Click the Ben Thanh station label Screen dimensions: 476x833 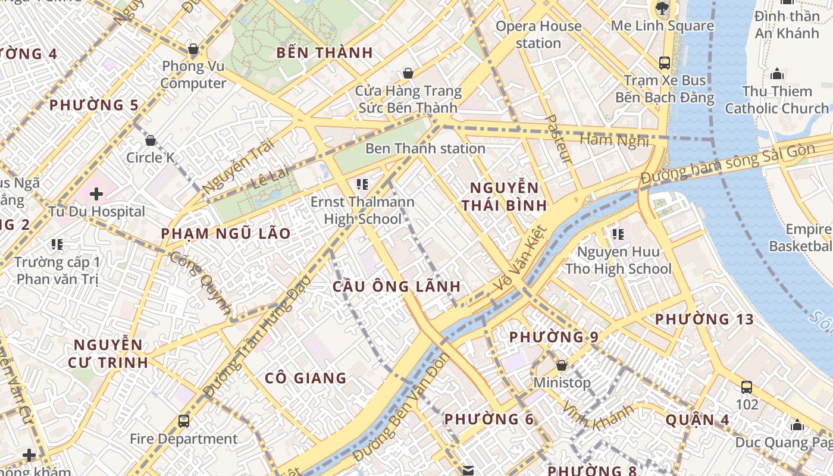coord(425,148)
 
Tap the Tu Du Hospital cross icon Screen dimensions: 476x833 coord(96,193)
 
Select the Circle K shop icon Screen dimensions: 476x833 coord(151,140)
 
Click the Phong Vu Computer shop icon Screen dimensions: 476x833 coord(193,49)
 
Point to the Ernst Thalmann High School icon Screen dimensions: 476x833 coord(362,184)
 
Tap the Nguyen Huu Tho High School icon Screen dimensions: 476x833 coord(618,234)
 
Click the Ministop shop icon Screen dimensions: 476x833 coord(561,365)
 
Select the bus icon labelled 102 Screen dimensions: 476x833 coord(747,387)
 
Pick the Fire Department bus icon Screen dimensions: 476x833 coord(184,421)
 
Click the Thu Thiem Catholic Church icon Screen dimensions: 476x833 coord(776,74)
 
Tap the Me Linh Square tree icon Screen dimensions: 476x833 coord(662,8)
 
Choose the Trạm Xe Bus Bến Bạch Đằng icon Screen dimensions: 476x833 coord(665,62)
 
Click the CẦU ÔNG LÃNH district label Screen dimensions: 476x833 coord(396,287)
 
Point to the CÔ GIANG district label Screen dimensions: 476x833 coord(305,378)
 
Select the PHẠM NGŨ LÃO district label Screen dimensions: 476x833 coord(226,233)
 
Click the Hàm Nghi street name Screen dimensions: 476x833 coord(613,140)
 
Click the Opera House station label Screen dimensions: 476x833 coord(538,35)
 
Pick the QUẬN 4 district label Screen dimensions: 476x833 coord(697,419)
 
